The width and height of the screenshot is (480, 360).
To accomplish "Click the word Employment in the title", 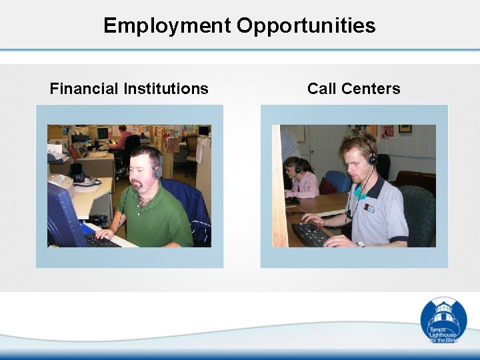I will click(167, 26).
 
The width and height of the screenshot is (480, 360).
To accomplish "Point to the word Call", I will click(322, 89).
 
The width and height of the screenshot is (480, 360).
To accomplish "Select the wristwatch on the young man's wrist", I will click(361, 244).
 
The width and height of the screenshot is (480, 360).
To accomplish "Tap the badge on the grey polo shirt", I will click(369, 209).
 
